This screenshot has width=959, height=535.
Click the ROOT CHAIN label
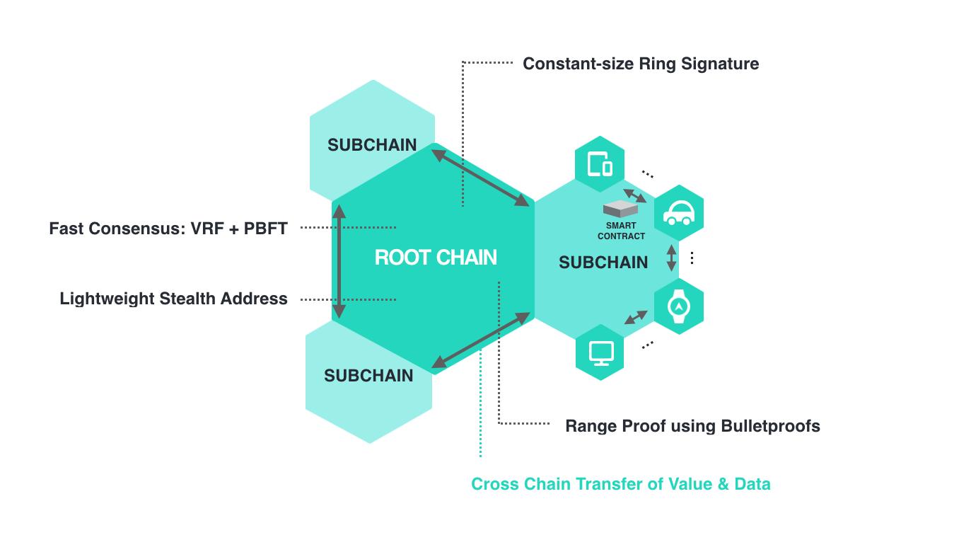(x=436, y=257)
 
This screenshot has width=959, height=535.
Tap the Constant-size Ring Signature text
(x=640, y=64)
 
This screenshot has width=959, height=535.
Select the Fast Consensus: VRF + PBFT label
(x=168, y=229)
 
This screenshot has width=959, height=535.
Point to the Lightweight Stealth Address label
(x=173, y=299)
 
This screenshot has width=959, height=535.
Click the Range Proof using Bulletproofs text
(x=692, y=426)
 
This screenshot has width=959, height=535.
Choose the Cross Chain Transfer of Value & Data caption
(x=620, y=484)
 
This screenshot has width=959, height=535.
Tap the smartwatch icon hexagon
(x=678, y=306)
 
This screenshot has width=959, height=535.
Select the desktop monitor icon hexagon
(x=600, y=352)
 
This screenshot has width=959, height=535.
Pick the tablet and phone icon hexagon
(x=600, y=164)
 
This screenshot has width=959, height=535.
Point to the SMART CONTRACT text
(x=621, y=231)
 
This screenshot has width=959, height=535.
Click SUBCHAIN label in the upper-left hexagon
(x=372, y=145)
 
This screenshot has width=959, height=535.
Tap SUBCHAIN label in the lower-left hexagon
(x=368, y=376)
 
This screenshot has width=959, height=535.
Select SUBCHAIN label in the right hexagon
(x=603, y=263)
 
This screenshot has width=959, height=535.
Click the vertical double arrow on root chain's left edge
(x=339, y=261)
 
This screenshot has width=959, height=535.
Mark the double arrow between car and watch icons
(x=672, y=259)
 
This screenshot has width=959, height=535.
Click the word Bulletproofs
(x=770, y=426)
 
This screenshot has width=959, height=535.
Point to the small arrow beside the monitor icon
(x=635, y=317)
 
